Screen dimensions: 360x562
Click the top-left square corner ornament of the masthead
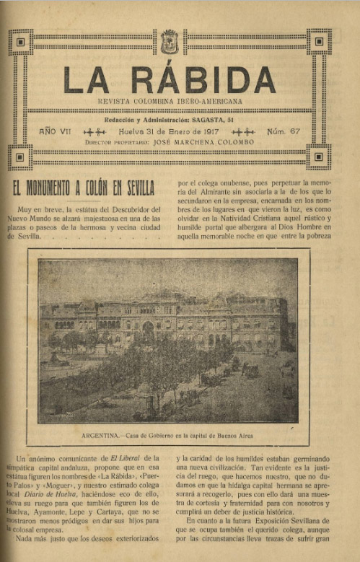click(x=19, y=42)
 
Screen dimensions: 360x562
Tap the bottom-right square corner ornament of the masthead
click(x=318, y=155)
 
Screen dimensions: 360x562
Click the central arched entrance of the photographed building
click(x=148, y=329)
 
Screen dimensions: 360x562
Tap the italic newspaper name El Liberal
click(x=123, y=457)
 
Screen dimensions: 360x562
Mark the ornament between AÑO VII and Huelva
click(x=95, y=132)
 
